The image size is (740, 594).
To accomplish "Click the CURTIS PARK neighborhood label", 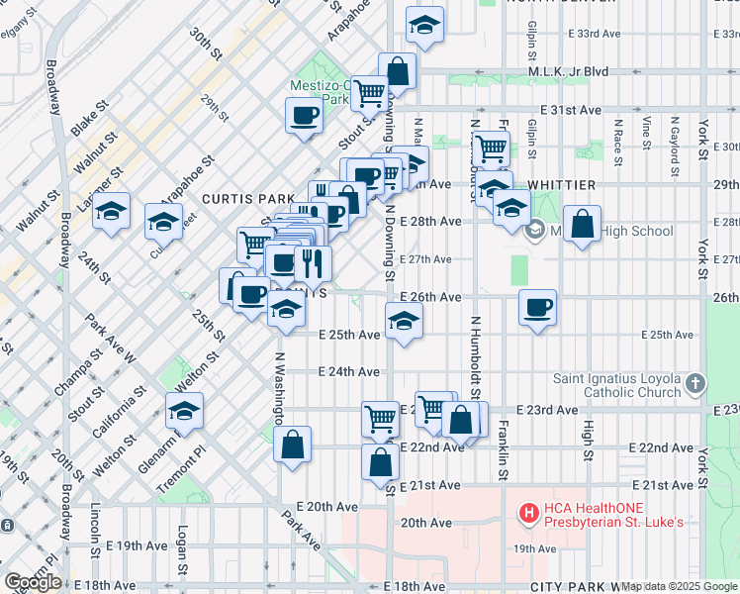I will [242, 198].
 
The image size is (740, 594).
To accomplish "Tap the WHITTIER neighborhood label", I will [561, 185].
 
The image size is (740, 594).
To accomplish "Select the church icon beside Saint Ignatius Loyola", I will [695, 383].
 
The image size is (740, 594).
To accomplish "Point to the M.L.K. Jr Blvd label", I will [573, 72].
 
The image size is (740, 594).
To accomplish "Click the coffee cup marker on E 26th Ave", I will [537, 307].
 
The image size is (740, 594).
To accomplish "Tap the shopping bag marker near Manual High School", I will [583, 224].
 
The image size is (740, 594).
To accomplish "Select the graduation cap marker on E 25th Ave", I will [403, 321].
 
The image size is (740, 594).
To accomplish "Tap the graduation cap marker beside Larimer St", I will [112, 211].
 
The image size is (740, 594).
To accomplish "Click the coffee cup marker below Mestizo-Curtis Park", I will [304, 115].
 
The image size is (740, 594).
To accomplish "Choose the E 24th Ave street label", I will [349, 371].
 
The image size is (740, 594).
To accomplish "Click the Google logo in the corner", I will [33, 582].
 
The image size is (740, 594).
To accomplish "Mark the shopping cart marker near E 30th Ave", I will [490, 148].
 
